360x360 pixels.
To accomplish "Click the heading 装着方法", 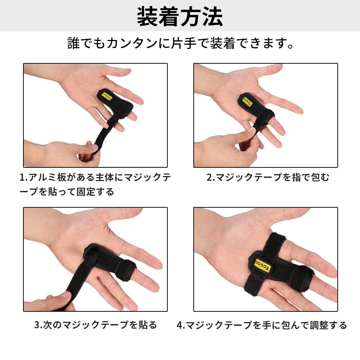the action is click(180, 17).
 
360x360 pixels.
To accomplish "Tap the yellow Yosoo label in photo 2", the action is click(248, 102).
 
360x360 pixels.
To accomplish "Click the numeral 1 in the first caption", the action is click(22, 177).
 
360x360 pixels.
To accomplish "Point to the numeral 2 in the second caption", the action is click(210, 177).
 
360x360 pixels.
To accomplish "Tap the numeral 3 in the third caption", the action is click(37, 325).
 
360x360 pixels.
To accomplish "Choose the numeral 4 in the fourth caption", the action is click(180, 325).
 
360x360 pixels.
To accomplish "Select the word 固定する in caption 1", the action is click(95, 192).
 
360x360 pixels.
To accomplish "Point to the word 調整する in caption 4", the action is click(328, 325).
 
